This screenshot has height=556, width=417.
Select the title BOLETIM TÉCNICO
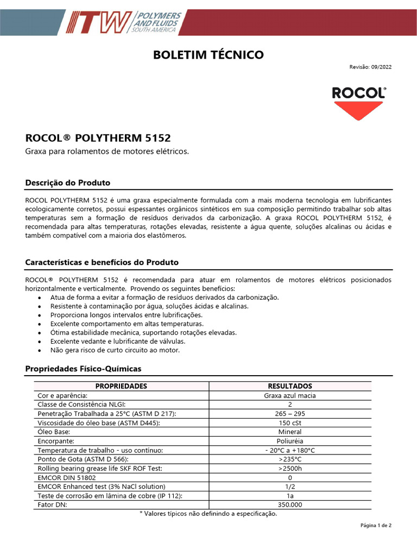tap(208, 55)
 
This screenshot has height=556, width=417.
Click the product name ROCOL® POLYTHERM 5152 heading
tap(98, 138)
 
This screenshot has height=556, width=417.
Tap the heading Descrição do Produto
tap(67, 182)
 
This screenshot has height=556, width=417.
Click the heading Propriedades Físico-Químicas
tap(83, 369)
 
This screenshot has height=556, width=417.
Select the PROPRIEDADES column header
tap(121, 386)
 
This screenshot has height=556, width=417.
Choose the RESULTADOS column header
tap(290, 386)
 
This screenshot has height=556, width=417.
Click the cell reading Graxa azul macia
tap(290, 395)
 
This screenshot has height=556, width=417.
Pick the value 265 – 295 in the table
tap(290, 414)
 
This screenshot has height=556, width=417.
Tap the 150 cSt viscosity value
tap(290, 423)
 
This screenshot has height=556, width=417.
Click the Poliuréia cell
tap(290, 441)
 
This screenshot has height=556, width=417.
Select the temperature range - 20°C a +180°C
tap(290, 450)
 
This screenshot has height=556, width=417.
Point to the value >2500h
tap(290, 468)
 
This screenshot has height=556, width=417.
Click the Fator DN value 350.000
tap(290, 504)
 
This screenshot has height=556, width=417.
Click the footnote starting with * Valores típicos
tap(208, 514)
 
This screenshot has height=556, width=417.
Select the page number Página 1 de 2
tap(376, 526)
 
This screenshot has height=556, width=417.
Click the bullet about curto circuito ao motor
tap(115, 350)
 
